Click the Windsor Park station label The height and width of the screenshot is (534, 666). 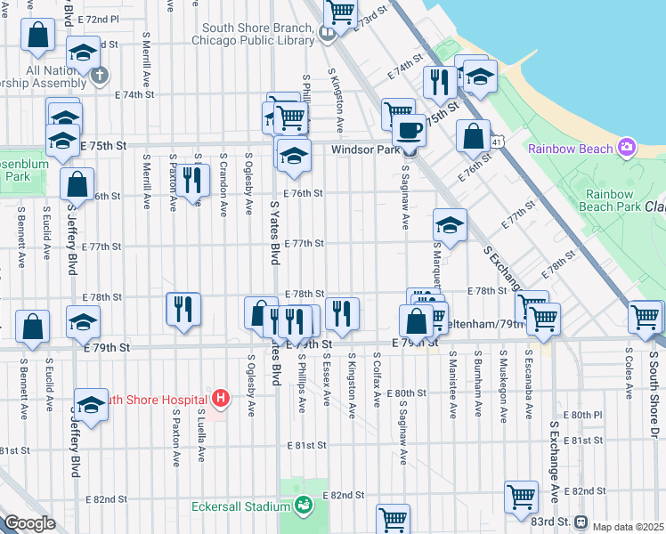(x=365, y=150)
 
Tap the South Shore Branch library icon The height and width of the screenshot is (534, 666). (x=328, y=34)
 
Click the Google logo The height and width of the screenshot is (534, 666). (x=28, y=523)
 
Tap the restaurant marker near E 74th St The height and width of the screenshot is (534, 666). (x=439, y=82)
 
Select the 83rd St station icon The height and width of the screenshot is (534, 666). (x=581, y=522)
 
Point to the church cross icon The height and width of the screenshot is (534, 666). (x=99, y=74)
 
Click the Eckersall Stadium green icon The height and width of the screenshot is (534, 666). (x=305, y=506)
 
